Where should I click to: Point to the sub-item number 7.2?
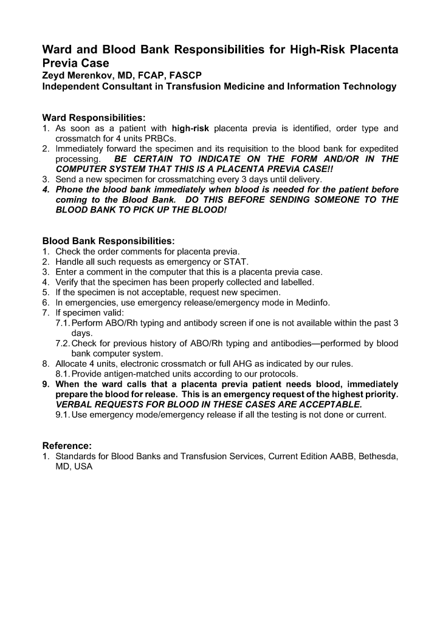(x=63, y=344)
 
